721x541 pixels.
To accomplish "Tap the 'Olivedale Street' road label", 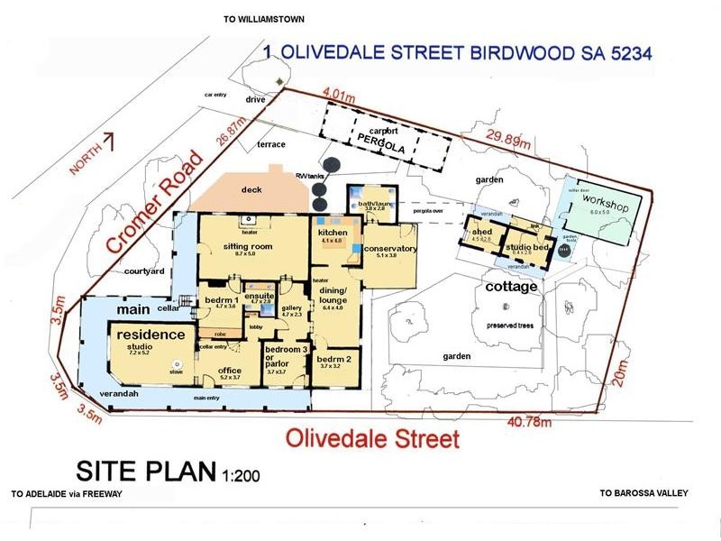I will [x=373, y=440].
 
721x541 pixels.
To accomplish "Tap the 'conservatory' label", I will [x=390, y=249].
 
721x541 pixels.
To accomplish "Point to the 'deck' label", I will [x=251, y=189].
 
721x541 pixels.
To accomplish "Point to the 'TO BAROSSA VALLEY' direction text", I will [x=643, y=493].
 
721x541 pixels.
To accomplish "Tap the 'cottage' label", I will [x=511, y=288].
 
